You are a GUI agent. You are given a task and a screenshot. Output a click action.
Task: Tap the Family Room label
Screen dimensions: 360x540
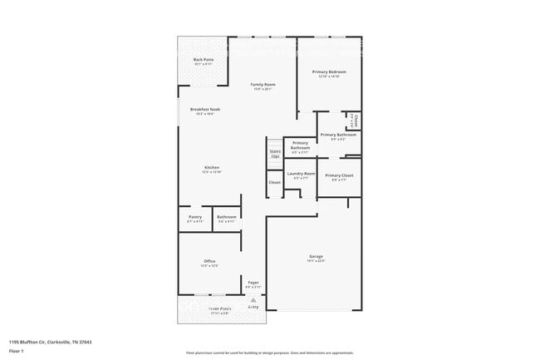coord(264,85)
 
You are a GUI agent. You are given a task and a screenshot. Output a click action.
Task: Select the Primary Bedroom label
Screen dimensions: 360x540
coord(329,72)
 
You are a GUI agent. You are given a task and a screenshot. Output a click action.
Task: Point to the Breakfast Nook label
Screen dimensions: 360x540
coord(204,110)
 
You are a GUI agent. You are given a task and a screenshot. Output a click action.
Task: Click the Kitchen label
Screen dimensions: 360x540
coord(212,167)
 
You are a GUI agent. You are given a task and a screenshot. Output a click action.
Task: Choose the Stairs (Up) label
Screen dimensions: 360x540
coord(275,154)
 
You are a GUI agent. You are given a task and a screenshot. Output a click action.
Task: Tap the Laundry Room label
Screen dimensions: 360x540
coord(301,173)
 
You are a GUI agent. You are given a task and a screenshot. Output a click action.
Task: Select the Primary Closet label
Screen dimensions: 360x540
coord(339,175)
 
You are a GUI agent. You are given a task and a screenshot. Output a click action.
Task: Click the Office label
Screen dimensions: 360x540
coord(209,262)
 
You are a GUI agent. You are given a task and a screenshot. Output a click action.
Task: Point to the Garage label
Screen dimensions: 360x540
coord(316,256)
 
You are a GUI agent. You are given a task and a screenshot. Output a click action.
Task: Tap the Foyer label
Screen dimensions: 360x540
coord(253,283)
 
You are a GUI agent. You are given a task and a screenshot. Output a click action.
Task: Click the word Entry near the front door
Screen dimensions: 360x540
coord(253,306)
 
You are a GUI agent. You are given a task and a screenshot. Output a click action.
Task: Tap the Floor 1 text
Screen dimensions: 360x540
coord(17,350)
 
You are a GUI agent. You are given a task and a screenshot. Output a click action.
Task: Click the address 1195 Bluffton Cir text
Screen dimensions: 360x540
coord(50,341)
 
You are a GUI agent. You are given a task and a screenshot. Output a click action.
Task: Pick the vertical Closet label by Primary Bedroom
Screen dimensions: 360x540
coord(356,119)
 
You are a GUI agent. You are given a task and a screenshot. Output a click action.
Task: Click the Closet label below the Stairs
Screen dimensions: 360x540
coord(274,182)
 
